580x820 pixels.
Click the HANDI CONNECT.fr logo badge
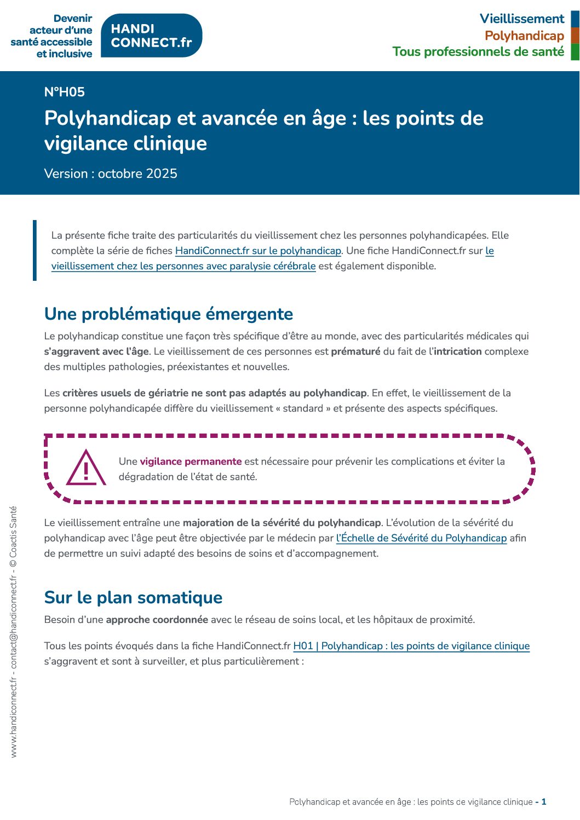coord(152,36)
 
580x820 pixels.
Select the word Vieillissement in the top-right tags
coord(521,19)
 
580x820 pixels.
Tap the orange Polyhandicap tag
coord(524,36)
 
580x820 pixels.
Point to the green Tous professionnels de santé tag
coord(478,52)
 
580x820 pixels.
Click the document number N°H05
coord(65,92)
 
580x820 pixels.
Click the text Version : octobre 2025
coord(111,174)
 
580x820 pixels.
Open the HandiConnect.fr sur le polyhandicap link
coord(258,251)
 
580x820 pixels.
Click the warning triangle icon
coord(86,468)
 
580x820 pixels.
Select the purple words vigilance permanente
coord(191,461)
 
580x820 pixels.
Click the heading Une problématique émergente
coord(169,314)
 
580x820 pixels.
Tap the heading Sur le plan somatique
coord(133,598)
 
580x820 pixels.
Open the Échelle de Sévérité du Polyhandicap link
coord(421,538)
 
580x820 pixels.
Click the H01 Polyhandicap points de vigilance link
coord(411,646)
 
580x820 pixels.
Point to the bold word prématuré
coord(355,351)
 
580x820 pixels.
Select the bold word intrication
coord(457,351)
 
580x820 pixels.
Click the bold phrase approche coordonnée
coord(157,620)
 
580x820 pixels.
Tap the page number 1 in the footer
coord(544,802)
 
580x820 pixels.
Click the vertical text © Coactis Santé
coord(14,532)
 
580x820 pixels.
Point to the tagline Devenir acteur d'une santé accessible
coord(52,36)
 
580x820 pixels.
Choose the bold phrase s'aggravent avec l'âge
coord(96,351)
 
